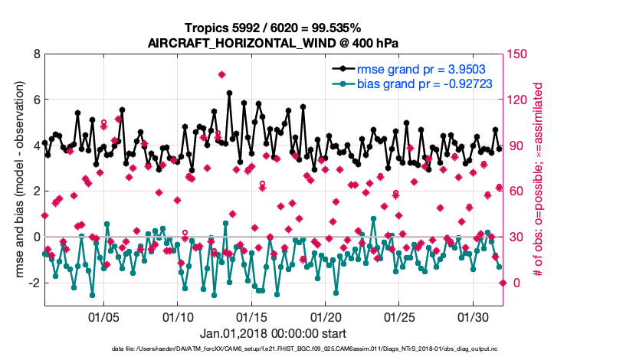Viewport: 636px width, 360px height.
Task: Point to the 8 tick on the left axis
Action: pyautogui.click(x=36, y=54)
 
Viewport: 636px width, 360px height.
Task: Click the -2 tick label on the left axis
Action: pyautogui.click(x=34, y=283)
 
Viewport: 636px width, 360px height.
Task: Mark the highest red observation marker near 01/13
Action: pyautogui.click(x=221, y=74)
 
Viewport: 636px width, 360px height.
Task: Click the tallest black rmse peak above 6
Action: pyautogui.click(x=229, y=93)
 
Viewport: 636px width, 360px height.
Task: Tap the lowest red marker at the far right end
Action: pyautogui.click(x=503, y=283)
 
